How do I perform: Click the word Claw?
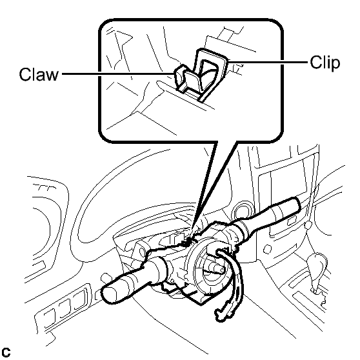click(39, 74)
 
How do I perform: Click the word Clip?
click(325, 63)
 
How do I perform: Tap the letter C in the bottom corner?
click(6, 352)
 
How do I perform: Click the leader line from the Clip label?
click(268, 62)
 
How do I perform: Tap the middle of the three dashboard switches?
click(65, 308)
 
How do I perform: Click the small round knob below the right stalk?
click(268, 249)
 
